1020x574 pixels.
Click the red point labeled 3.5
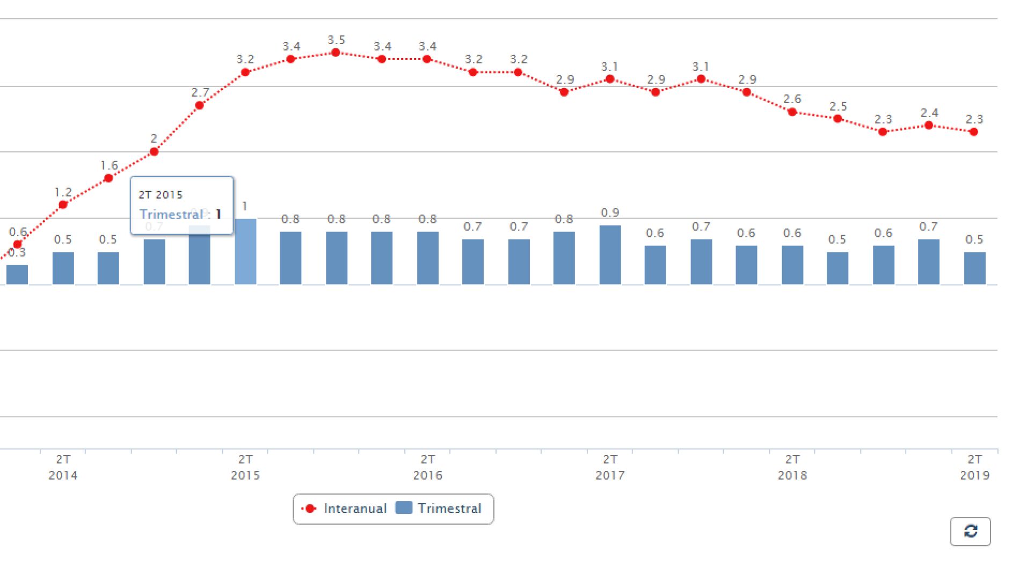pyautogui.click(x=336, y=53)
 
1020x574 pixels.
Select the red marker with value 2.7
pyautogui.click(x=200, y=105)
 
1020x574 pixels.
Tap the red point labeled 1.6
pyautogui.click(x=108, y=178)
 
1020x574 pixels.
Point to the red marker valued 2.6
pyautogui.click(x=792, y=112)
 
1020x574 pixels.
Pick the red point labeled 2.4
pyautogui.click(x=929, y=126)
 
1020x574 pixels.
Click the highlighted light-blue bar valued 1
pyautogui.click(x=245, y=251)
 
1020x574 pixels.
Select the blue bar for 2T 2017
pyautogui.click(x=610, y=255)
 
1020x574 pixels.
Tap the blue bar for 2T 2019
pyautogui.click(x=974, y=268)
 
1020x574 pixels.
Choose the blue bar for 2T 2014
pyautogui.click(x=63, y=268)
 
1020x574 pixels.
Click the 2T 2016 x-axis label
pyautogui.click(x=427, y=467)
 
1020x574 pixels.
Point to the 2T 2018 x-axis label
pyautogui.click(x=792, y=467)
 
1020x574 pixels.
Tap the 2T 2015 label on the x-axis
pyautogui.click(x=245, y=467)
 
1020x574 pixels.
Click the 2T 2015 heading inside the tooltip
pyautogui.click(x=161, y=195)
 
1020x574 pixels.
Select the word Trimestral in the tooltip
pyautogui.click(x=171, y=214)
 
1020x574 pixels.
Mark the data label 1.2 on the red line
pyautogui.click(x=63, y=192)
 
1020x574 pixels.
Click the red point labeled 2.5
pyautogui.click(x=837, y=119)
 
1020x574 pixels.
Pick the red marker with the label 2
pyautogui.click(x=154, y=152)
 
